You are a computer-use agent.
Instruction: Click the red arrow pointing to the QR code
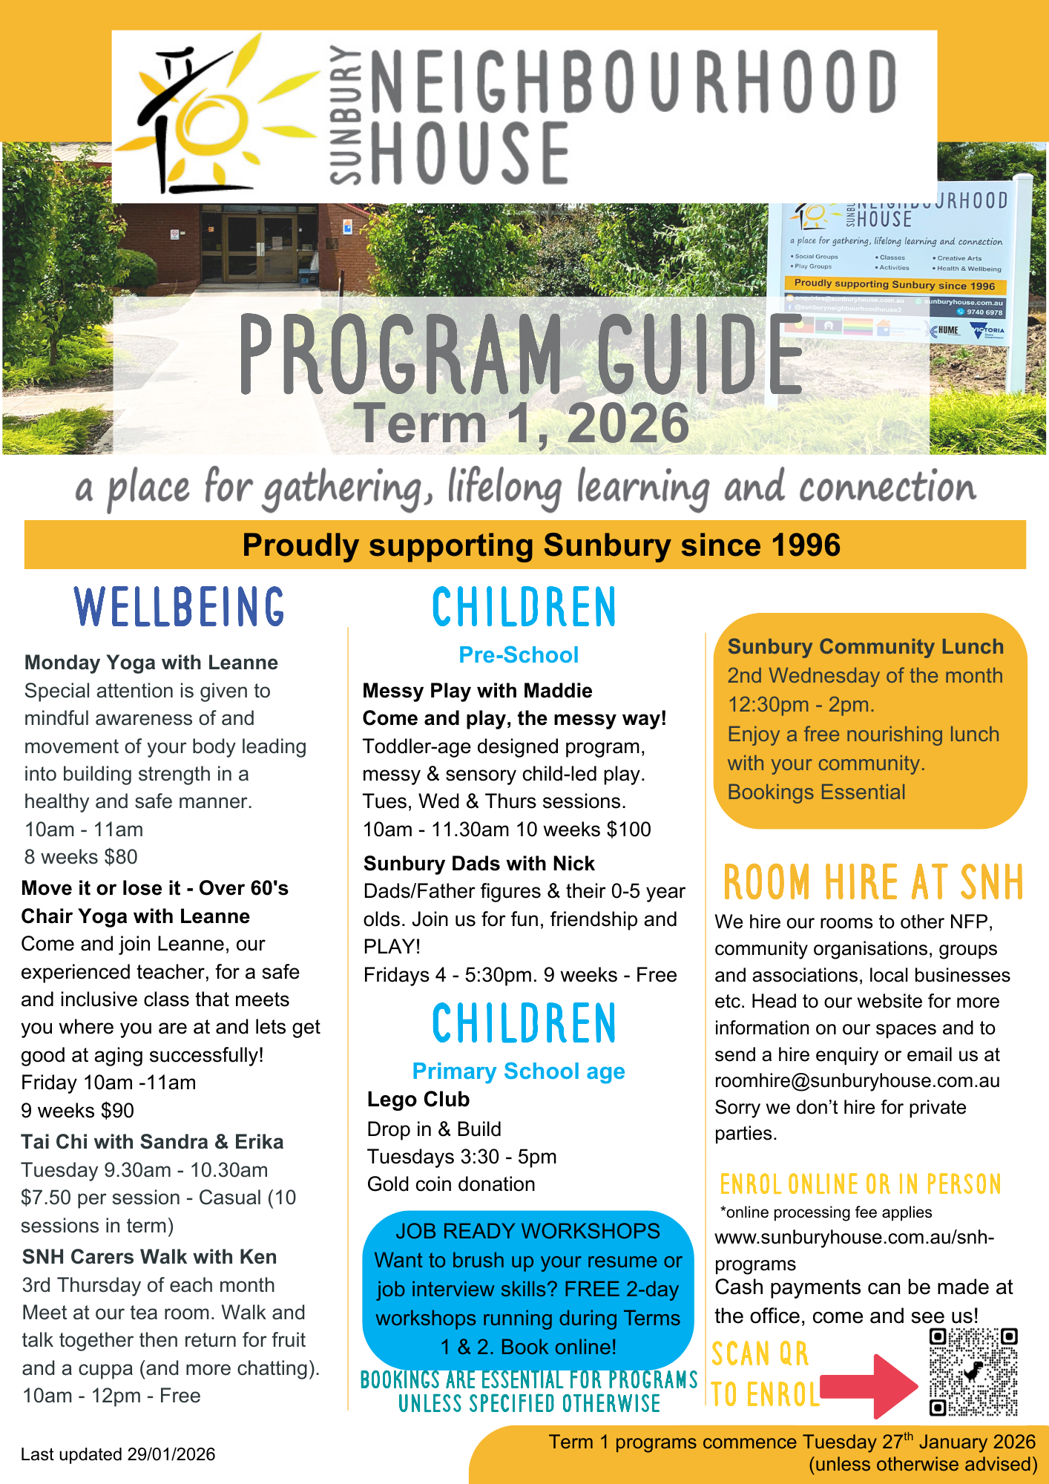click(x=872, y=1385)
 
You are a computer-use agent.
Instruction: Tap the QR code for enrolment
click(x=973, y=1373)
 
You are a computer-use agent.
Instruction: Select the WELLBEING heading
click(x=180, y=607)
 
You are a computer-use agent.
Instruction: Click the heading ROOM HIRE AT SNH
click(x=872, y=882)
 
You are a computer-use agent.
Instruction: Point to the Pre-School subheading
click(x=519, y=655)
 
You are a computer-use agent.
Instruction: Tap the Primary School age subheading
click(x=519, y=1071)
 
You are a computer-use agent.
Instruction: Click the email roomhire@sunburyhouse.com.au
click(x=857, y=1081)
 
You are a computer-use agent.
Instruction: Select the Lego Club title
click(x=418, y=1100)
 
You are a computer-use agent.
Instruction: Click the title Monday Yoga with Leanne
click(x=151, y=663)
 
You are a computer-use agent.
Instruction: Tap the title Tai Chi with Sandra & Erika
click(x=152, y=1142)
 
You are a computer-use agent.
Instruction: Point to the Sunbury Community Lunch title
click(x=865, y=647)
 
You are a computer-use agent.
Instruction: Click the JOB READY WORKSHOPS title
click(x=527, y=1231)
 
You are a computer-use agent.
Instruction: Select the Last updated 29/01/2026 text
click(x=118, y=1454)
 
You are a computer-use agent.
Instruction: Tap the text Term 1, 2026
click(x=521, y=423)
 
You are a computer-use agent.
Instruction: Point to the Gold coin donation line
click(x=451, y=1184)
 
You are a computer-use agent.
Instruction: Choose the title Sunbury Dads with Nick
click(x=479, y=864)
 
